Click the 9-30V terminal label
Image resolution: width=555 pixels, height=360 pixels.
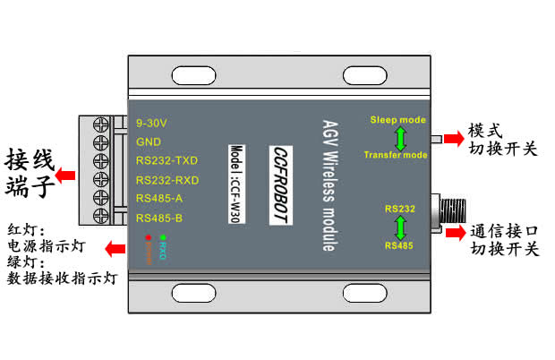151,122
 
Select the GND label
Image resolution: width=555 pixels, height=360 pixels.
148,141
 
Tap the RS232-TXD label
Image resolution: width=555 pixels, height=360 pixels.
166,160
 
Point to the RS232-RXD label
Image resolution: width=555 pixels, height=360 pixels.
167,180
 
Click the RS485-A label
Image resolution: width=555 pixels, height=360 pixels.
158,198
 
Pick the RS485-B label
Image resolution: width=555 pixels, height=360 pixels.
158,218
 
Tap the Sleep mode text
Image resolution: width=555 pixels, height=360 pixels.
398,120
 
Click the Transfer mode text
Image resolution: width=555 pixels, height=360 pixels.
396,155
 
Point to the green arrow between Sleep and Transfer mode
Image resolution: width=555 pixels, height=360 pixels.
400,137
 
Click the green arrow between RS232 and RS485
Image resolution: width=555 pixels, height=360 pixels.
400,226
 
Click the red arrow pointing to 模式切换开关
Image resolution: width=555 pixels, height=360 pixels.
455,138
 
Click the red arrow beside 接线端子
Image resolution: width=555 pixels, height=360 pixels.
65,166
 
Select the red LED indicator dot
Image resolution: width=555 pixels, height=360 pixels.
147,237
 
